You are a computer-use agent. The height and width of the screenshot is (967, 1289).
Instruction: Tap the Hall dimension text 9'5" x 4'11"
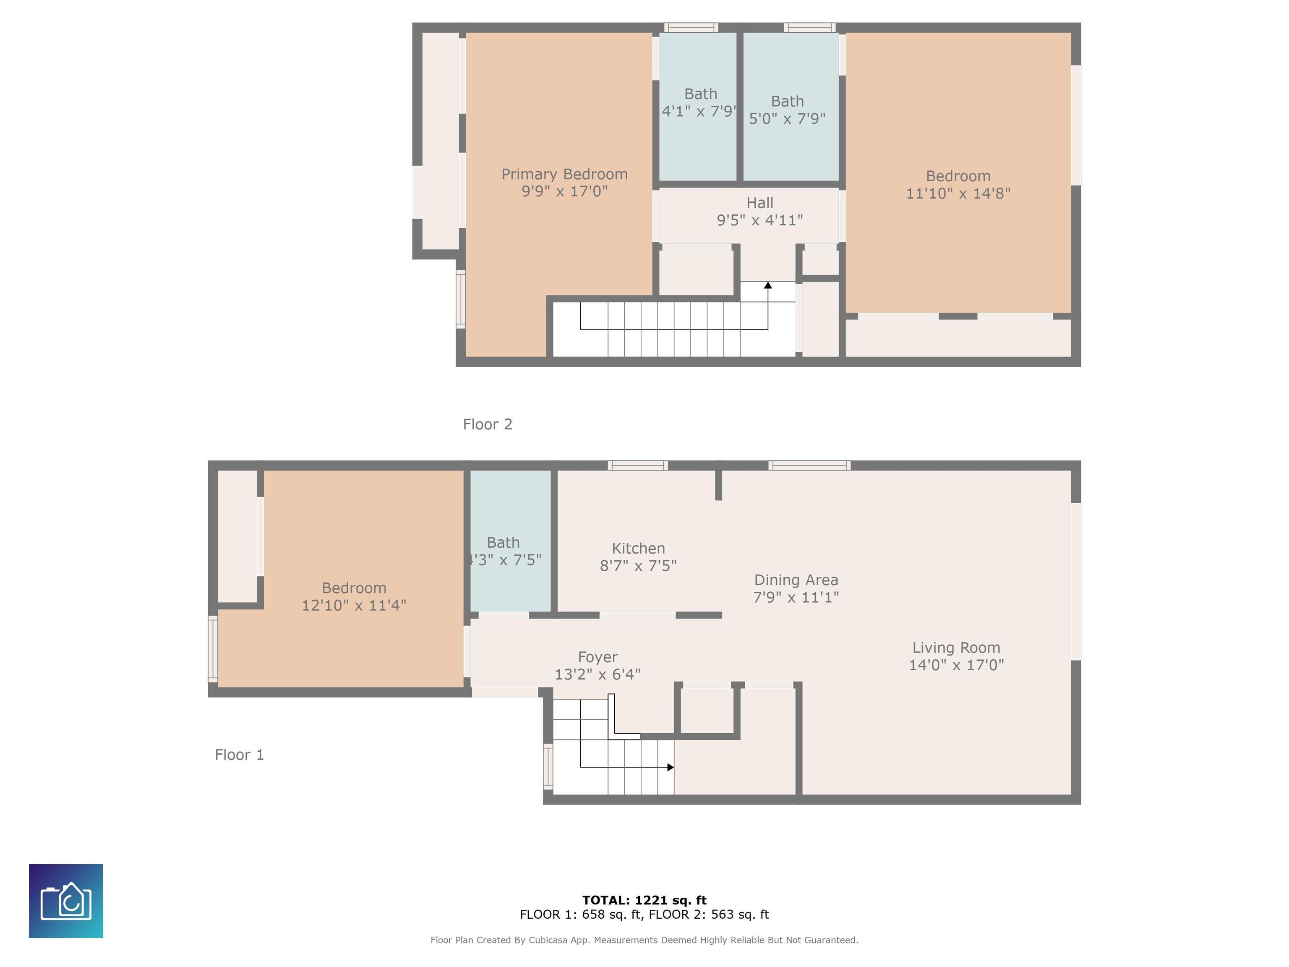tap(760, 220)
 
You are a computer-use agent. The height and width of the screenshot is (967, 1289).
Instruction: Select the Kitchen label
tap(638, 549)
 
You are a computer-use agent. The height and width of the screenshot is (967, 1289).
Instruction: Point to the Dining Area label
tap(796, 580)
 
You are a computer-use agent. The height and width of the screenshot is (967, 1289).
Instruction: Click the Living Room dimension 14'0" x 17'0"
tap(956, 665)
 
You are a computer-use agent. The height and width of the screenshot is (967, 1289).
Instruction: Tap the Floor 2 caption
tap(488, 424)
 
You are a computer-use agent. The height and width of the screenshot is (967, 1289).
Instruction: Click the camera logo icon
tap(66, 901)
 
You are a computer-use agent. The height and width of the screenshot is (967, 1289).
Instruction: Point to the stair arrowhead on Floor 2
tap(768, 285)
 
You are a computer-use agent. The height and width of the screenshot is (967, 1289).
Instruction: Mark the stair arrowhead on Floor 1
tap(671, 767)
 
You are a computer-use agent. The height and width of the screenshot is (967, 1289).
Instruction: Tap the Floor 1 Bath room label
tap(504, 543)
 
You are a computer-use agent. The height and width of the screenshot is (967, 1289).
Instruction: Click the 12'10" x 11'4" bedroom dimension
tap(354, 606)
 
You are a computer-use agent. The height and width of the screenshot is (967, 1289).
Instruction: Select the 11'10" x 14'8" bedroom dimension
tap(958, 193)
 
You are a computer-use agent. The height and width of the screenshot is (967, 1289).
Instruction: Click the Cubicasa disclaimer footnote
tap(644, 940)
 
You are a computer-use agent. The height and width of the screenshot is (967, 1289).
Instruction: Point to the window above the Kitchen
tap(637, 465)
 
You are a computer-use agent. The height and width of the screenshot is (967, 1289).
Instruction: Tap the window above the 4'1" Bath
tap(691, 27)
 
